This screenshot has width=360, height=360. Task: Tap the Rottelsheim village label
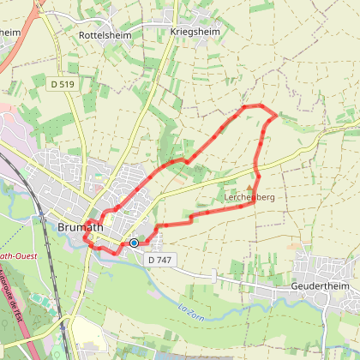point(103,37)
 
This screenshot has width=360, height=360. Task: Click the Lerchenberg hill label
point(249,196)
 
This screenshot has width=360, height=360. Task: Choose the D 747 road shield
point(159,259)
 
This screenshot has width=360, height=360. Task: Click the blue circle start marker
point(134,243)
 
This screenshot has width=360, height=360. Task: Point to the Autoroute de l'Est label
point(15,291)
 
